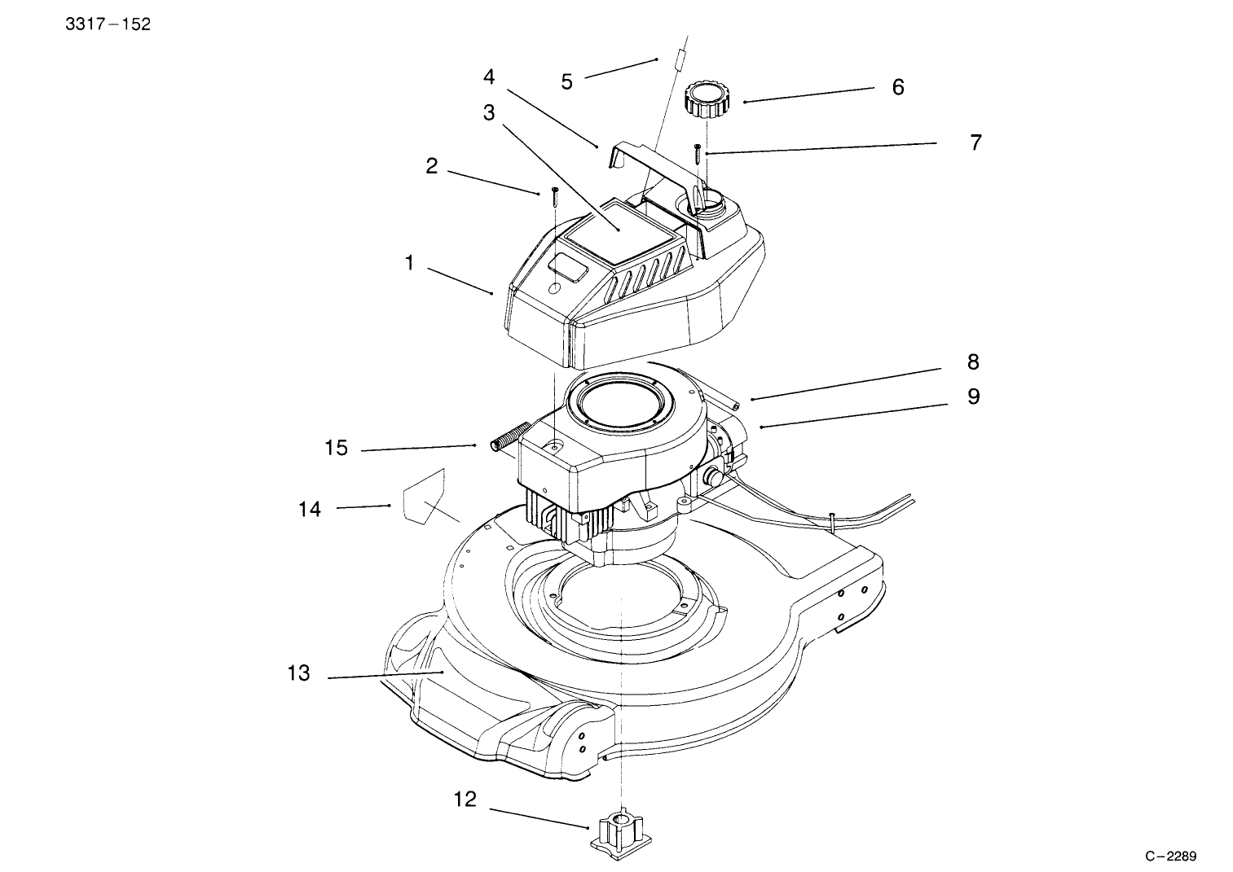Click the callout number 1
tap(410, 263)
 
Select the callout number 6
tap(898, 87)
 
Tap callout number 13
tap(299, 673)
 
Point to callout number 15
tap(336, 448)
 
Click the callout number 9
tap(973, 397)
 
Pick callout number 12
tap(465, 800)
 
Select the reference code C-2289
tap(1170, 856)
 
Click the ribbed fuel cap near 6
tap(706, 99)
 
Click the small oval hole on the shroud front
tap(555, 288)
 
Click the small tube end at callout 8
tap(732, 401)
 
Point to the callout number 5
tap(566, 81)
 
